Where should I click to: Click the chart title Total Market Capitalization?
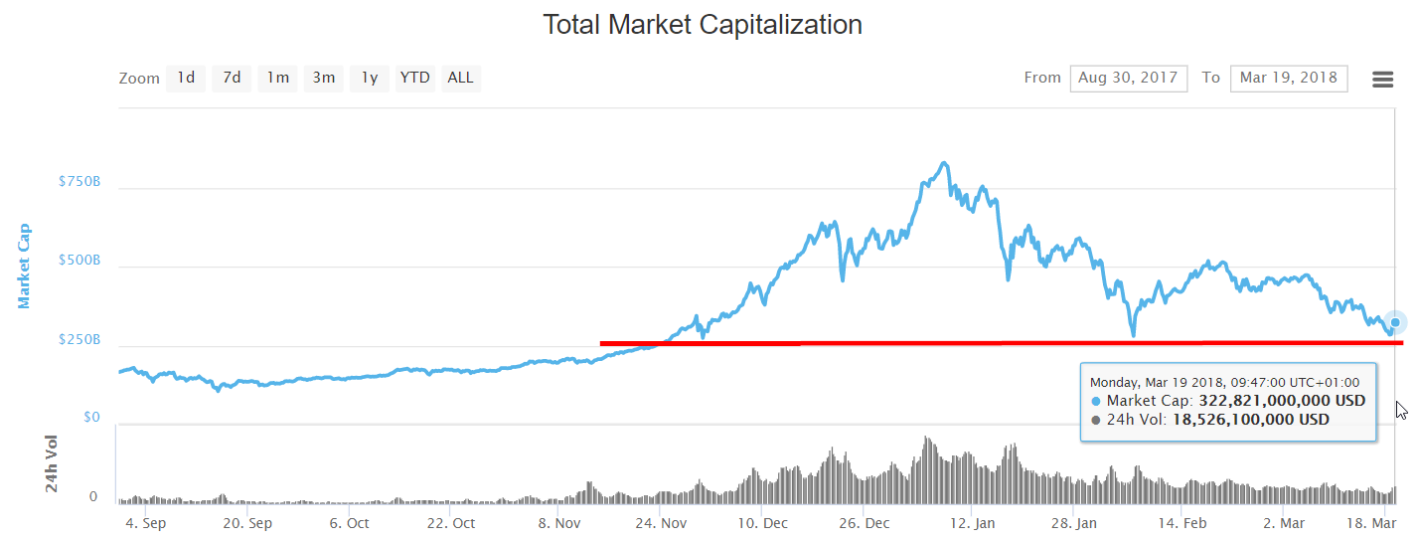702,25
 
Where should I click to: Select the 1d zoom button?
186,78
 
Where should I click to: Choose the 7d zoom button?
232,78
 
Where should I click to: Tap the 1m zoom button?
277,78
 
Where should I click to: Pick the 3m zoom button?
323,78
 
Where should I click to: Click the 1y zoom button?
369,78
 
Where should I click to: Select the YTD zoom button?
414,78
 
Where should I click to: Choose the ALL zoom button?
460,78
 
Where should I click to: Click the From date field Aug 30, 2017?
1128,78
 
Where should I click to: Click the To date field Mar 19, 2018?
1288,78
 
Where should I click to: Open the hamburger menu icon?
1382,80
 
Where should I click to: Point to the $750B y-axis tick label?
79,182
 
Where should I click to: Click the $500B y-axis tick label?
79,261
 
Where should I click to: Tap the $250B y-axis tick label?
79,339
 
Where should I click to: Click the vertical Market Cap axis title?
24,266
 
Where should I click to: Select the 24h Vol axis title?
52,463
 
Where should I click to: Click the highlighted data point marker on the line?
1395,322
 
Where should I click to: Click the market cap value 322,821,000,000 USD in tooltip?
1282,401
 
